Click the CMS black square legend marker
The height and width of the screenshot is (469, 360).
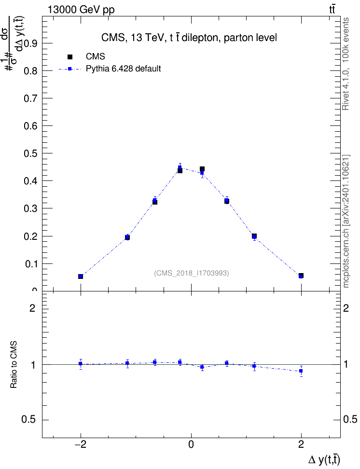tap(70, 57)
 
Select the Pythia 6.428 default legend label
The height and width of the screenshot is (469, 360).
tap(123, 69)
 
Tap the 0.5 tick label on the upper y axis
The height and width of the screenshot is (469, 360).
tap(30, 153)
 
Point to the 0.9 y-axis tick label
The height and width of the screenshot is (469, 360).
tap(30, 43)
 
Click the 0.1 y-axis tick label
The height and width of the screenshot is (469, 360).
tap(30, 264)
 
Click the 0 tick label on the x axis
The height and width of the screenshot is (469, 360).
tap(191, 444)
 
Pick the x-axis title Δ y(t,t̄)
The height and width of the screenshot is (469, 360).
tap(324, 460)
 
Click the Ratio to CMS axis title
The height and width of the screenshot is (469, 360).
tap(14, 365)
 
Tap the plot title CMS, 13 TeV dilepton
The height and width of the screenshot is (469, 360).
tap(189, 38)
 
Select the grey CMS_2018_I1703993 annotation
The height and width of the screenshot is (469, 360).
tap(192, 273)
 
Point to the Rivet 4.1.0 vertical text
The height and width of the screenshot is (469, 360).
tap(346, 64)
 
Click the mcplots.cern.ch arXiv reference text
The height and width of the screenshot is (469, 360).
tap(346, 221)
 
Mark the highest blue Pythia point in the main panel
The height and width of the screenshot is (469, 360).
tap(180, 167)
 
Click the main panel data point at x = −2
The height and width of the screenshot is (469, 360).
tap(81, 276)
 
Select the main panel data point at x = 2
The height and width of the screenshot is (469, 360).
tap(301, 276)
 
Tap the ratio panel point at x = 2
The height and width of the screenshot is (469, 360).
tap(301, 371)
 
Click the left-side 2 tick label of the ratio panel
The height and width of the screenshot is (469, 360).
tap(32, 308)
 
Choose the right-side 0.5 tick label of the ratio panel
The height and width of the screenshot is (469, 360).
tap(350, 420)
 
